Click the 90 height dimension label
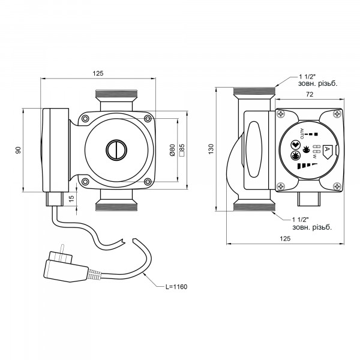[19, 151]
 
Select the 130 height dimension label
[211, 149]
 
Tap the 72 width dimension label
[310, 94]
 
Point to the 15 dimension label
[71, 199]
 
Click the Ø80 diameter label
[172, 150]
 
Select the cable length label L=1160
[176, 287]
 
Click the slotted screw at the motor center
[116, 150]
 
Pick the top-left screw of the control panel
[281, 114]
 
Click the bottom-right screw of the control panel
[337, 186]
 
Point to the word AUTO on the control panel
[302, 133]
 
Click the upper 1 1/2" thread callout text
[318, 80]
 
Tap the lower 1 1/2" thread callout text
[312, 224]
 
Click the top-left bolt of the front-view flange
[85, 119]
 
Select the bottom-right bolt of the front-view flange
[148, 182]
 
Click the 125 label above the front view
[98, 73]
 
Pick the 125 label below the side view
[285, 239]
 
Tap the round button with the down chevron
[295, 145]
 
